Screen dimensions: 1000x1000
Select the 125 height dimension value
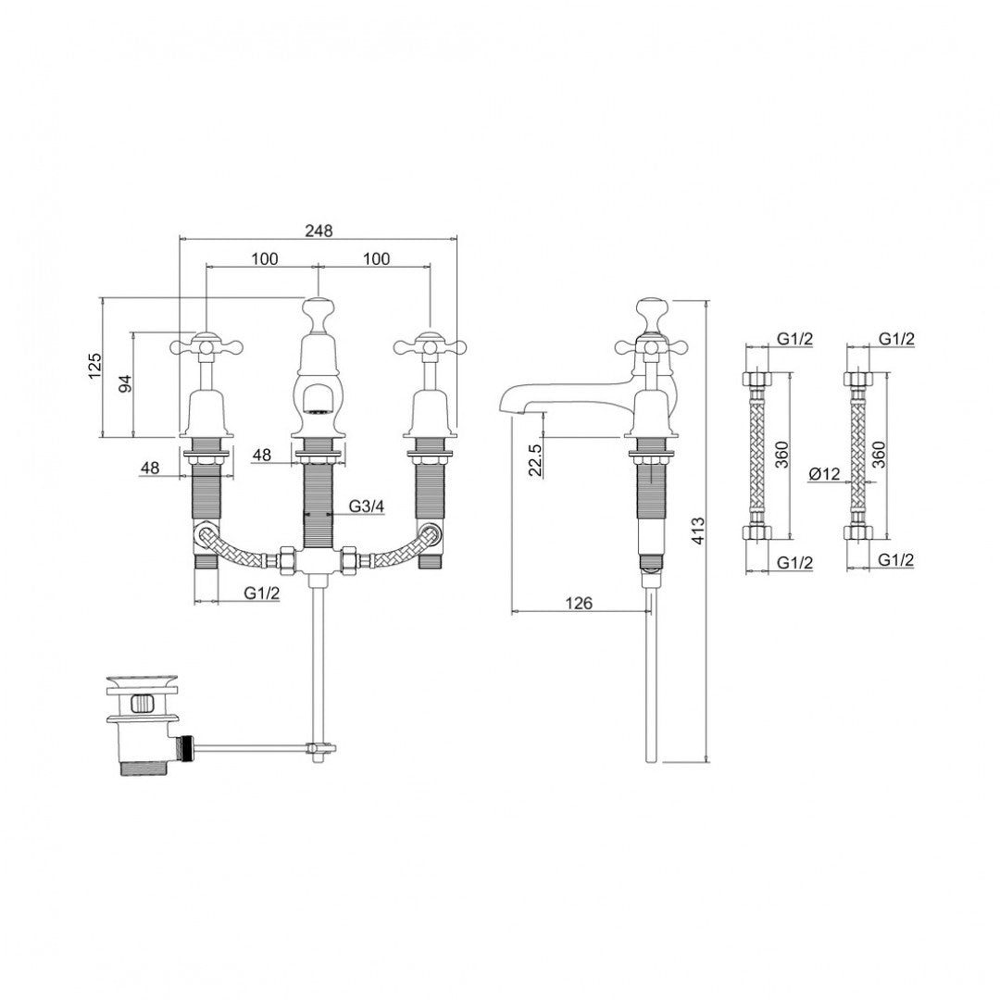[x=94, y=368]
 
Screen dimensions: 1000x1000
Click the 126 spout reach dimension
[x=579, y=603]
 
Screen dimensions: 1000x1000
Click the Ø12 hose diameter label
[x=823, y=474]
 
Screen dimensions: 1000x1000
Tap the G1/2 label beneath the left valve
[x=262, y=594]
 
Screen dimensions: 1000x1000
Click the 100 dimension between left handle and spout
[x=264, y=258]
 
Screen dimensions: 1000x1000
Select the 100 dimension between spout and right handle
[x=375, y=258]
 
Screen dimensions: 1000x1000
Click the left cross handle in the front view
[x=206, y=347]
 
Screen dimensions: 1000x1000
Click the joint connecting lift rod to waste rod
[x=319, y=748]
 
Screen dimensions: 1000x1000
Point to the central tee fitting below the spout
[x=318, y=562]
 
